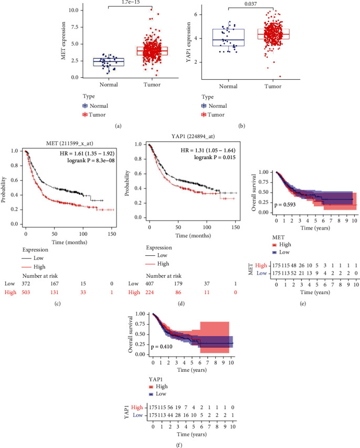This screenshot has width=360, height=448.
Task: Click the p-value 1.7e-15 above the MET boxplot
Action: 131,2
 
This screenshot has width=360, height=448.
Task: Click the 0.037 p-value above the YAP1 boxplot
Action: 250,4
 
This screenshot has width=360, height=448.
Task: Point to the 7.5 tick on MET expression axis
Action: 75,27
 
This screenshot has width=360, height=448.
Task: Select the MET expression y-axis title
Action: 63,41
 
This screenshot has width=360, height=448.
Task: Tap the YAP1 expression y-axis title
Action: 188,42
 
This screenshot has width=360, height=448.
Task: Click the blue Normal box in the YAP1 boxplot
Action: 228,37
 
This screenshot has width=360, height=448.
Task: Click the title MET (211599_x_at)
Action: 69,143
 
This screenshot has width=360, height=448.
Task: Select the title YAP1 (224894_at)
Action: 193,136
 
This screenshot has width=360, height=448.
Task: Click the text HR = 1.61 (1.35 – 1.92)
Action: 87,153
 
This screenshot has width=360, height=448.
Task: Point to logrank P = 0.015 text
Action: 215,158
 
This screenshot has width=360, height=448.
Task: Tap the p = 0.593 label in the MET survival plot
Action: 285,205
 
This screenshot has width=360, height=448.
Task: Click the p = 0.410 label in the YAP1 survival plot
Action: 162,347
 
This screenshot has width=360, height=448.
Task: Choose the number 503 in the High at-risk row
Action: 26,293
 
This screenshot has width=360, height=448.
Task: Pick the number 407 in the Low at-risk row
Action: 150,284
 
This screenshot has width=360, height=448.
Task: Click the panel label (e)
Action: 303,304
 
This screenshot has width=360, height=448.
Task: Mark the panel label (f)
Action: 179,445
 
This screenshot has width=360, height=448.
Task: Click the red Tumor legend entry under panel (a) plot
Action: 94,114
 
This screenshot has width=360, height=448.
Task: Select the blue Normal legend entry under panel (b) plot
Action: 214,106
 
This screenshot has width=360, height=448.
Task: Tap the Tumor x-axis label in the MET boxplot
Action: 152,85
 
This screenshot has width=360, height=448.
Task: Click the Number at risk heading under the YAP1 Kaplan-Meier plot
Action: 164,276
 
